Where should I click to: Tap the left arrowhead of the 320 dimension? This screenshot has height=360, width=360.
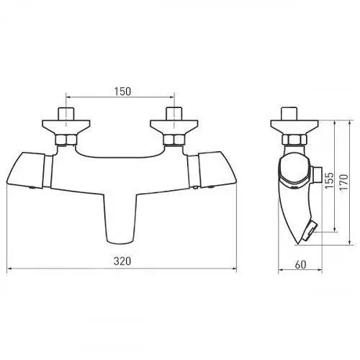pyautogui.click(x=8, y=271)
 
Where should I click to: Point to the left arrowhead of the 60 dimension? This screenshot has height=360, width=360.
pyautogui.click(x=281, y=271)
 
